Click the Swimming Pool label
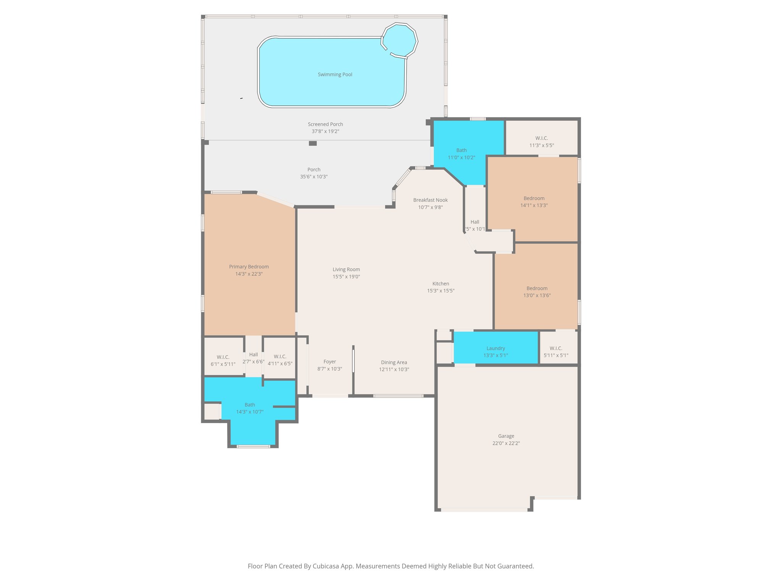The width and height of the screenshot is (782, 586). pos(335,74)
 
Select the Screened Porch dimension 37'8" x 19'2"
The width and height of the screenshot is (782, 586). pos(325,131)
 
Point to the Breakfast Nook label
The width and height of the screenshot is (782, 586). pos(430,200)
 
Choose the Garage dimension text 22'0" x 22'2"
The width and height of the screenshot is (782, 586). pos(506,443)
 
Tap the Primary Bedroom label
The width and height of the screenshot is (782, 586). pos(249,267)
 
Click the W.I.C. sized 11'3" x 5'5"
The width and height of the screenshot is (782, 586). pos(541,142)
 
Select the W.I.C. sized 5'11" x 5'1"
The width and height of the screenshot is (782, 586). pos(556,352)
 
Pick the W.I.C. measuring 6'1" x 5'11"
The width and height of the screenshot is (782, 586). pos(223,361)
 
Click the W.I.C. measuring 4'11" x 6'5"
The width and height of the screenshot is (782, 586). pos(280,360)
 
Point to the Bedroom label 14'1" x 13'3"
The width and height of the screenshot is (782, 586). pos(534,198)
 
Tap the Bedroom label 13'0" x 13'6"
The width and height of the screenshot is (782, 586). pos(537,288)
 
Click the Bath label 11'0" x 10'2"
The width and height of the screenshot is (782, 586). pos(461,150)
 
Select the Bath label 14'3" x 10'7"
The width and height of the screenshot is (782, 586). pos(250,405)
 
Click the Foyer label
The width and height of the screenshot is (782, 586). pos(330,362)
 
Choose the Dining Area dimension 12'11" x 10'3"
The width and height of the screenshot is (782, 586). pos(394,369)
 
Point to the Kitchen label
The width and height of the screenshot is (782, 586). pos(441,283)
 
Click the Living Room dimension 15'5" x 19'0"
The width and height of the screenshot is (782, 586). pos(346,277)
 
